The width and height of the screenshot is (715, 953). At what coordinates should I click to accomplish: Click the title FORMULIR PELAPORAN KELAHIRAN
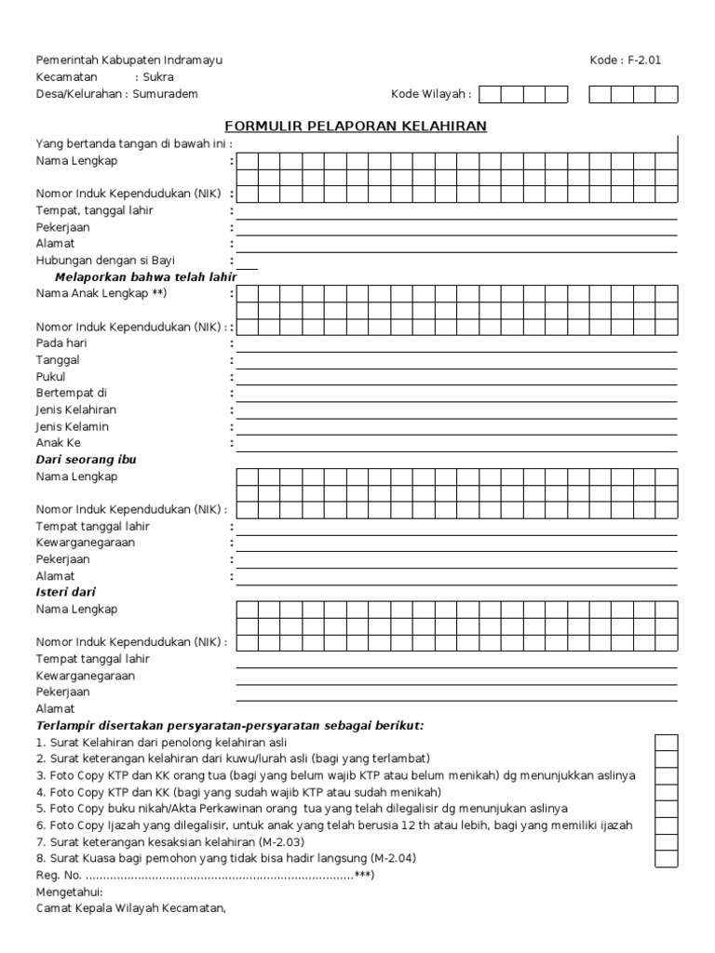357,127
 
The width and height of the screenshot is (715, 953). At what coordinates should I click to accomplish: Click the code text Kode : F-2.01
626,60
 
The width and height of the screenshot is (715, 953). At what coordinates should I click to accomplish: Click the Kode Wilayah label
430,94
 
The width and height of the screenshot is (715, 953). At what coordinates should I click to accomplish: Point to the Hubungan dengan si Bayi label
105,261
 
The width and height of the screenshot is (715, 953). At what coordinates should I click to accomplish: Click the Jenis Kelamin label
73,426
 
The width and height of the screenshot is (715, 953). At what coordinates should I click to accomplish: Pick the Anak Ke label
59,443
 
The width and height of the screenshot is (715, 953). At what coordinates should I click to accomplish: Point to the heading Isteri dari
66,592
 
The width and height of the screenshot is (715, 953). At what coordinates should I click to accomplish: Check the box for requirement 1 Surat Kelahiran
666,743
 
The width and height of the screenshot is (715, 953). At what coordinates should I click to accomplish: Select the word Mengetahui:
70,893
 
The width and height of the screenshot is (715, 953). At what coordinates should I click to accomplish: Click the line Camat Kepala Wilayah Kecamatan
131,908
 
